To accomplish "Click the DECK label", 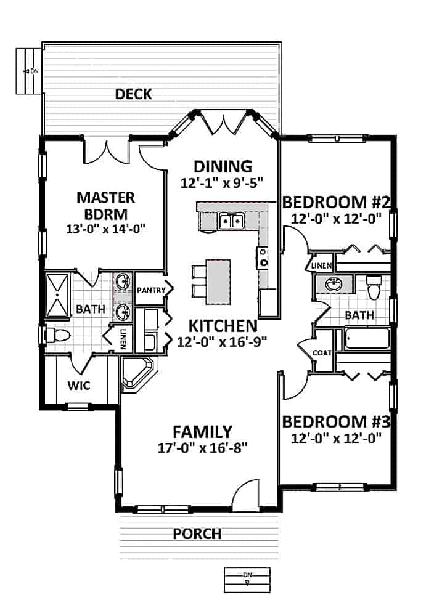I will (133, 94).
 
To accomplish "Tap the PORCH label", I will (197, 533).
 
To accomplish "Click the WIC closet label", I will (78, 386).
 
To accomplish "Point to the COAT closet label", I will (322, 354).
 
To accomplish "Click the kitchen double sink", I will (232, 221).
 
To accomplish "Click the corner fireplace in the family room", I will (138, 373).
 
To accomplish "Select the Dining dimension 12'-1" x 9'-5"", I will (223, 182).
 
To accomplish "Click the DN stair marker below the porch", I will (247, 578).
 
